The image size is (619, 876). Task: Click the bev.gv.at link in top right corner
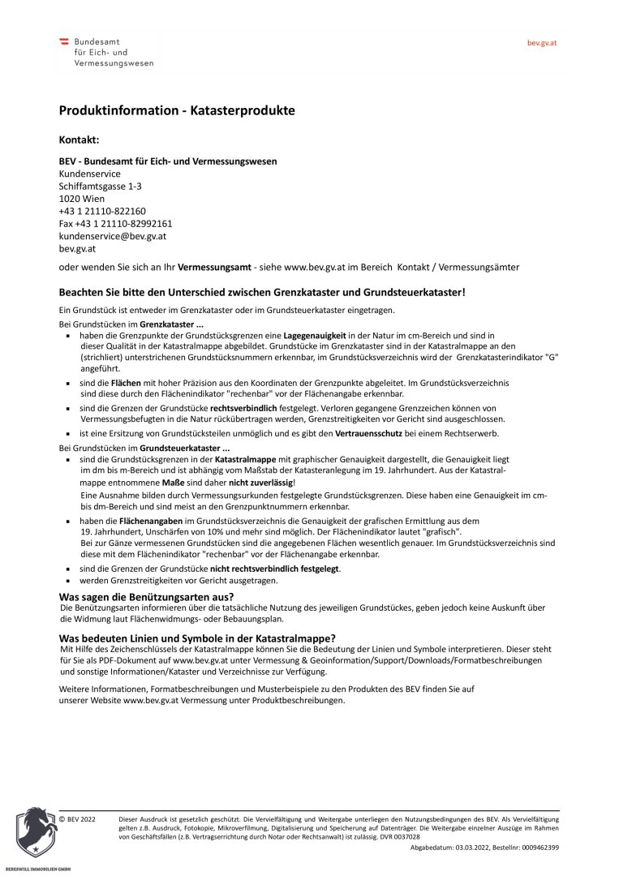[542, 42]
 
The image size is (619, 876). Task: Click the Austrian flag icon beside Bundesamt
[64, 41]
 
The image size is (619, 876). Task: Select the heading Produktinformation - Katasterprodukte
[176, 109]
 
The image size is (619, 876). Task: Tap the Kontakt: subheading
[79, 140]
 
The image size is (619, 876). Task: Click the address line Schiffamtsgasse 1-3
[101, 186]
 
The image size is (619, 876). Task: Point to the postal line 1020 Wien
[80, 198]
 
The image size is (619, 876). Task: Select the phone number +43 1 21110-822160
[102, 211]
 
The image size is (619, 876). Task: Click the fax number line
[115, 223]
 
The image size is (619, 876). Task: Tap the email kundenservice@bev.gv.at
[113, 236]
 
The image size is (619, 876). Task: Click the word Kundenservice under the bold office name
[89, 174]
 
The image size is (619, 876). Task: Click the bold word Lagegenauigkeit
[317, 335]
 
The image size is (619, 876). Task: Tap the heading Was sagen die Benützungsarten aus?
[146, 596]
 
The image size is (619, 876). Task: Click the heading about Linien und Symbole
[197, 638]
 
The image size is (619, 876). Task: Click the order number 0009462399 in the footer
[535, 847]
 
